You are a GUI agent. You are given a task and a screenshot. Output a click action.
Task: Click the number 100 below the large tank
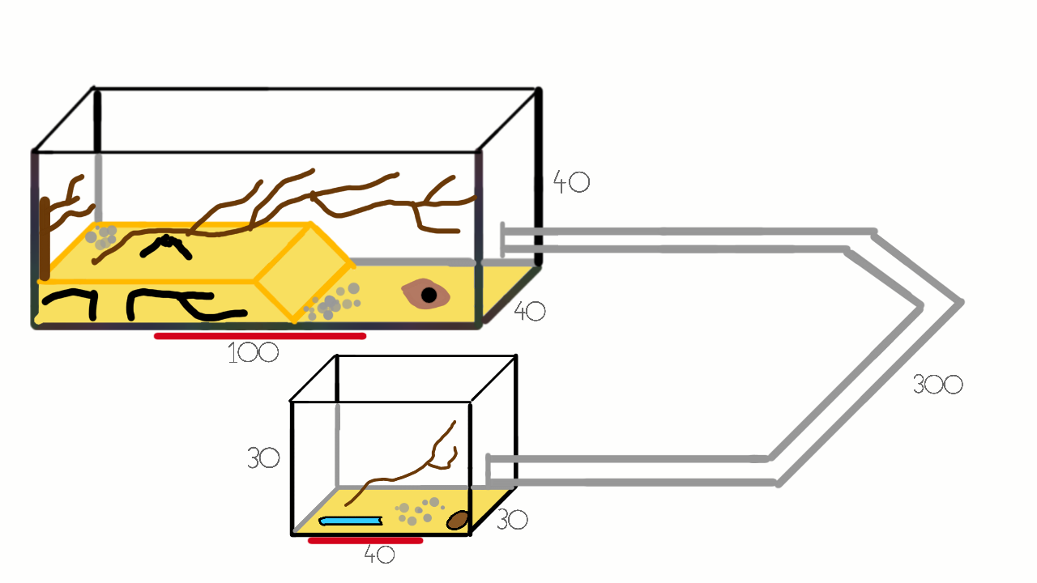(254, 353)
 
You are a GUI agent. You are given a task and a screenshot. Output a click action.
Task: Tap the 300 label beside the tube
(937, 385)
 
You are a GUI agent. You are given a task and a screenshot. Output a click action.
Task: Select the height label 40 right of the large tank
(571, 182)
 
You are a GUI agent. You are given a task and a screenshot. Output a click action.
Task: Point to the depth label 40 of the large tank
(530, 311)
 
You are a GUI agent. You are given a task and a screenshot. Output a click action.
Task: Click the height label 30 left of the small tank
(263, 458)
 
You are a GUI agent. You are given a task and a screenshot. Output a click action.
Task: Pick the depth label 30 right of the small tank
(512, 520)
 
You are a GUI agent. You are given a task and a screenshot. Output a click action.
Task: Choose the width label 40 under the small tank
(379, 554)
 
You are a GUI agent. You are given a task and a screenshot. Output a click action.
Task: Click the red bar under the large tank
(260, 336)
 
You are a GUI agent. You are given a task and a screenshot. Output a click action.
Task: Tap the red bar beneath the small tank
(365, 540)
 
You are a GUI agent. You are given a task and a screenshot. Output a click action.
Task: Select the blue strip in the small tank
(351, 521)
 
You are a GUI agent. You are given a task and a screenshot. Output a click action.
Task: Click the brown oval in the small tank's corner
(458, 520)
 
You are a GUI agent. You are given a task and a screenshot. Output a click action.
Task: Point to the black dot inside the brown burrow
(429, 295)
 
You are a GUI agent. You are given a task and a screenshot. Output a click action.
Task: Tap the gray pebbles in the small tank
(420, 511)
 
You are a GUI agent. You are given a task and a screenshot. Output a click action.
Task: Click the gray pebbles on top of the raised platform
(101, 237)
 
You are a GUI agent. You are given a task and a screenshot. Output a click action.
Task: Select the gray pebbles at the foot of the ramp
(332, 302)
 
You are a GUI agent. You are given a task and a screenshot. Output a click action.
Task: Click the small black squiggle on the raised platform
(166, 247)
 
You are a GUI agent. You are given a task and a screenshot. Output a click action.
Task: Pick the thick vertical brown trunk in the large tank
(45, 239)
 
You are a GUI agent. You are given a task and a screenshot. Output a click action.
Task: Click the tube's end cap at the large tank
(503, 240)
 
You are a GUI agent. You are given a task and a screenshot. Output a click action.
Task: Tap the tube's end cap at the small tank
(488, 471)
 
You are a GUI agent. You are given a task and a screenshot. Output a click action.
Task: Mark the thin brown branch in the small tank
(401, 463)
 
